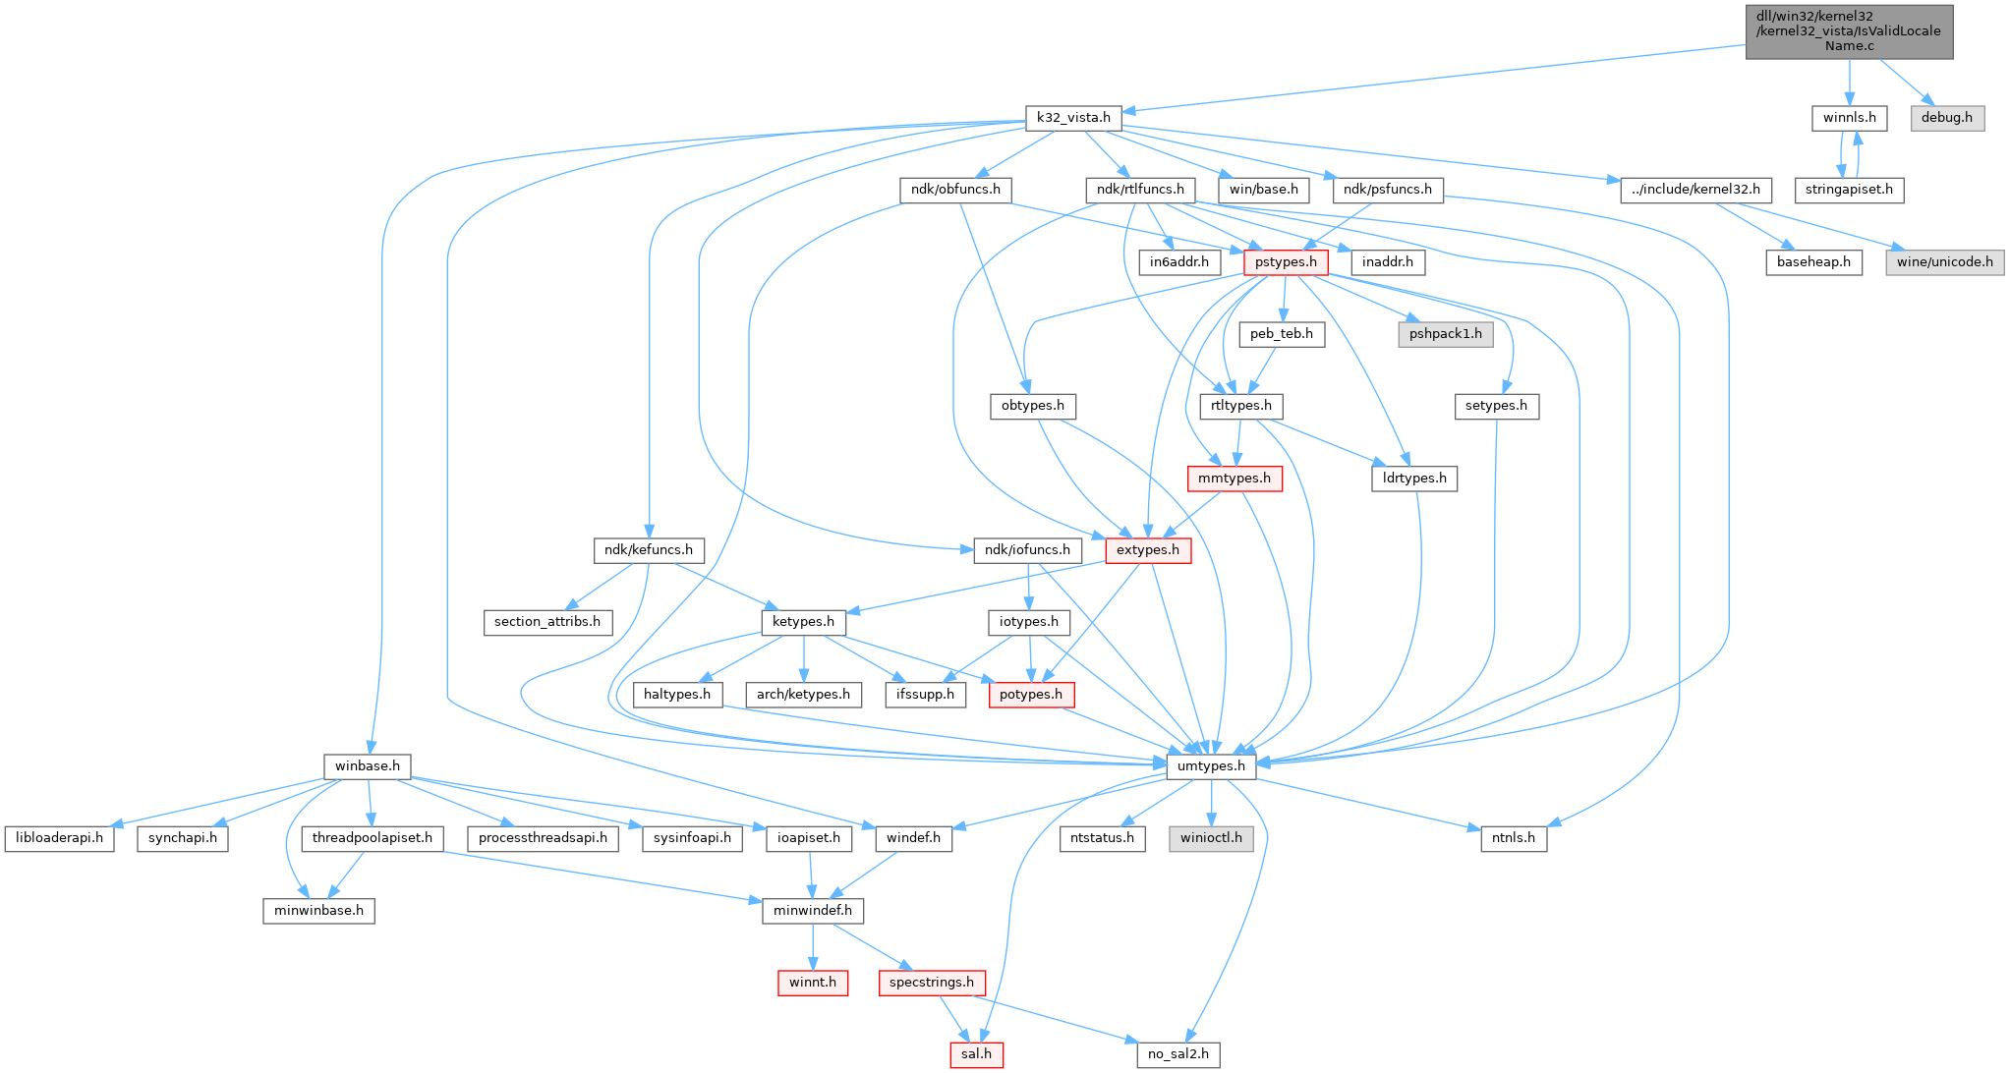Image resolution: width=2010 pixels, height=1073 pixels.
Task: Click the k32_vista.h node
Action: [x=1073, y=118]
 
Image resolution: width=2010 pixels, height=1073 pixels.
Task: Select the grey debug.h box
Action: [x=1946, y=118]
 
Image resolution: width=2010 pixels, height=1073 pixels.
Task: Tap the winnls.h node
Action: [x=1849, y=118]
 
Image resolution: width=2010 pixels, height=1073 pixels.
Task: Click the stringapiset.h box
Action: [x=1849, y=190]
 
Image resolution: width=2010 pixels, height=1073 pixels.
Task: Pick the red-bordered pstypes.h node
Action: [x=1286, y=262]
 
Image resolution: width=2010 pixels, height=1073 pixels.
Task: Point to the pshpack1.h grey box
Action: [x=1445, y=334]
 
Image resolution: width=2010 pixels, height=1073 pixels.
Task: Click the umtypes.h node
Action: [x=1211, y=766]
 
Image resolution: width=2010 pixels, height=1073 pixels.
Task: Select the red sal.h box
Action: [x=976, y=1054]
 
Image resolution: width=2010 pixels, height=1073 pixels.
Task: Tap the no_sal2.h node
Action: [x=1177, y=1054]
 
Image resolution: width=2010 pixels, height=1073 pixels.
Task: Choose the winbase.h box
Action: [x=367, y=766]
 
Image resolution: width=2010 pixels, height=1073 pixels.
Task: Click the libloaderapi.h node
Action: [x=60, y=838]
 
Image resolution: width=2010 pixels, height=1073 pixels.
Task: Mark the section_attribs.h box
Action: [x=547, y=622]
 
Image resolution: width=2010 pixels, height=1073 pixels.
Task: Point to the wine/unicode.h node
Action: [x=1944, y=262]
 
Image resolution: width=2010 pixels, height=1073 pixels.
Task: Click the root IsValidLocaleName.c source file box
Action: [x=1849, y=31]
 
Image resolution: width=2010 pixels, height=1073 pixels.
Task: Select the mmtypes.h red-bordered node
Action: [x=1235, y=479]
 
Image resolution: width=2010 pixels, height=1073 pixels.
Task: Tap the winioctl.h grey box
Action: [x=1211, y=838]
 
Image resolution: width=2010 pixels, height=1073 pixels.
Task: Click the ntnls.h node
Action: [x=1514, y=838]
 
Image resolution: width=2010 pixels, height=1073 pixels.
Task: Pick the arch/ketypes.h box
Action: [x=803, y=695]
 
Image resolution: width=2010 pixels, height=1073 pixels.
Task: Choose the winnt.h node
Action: [x=813, y=983]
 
